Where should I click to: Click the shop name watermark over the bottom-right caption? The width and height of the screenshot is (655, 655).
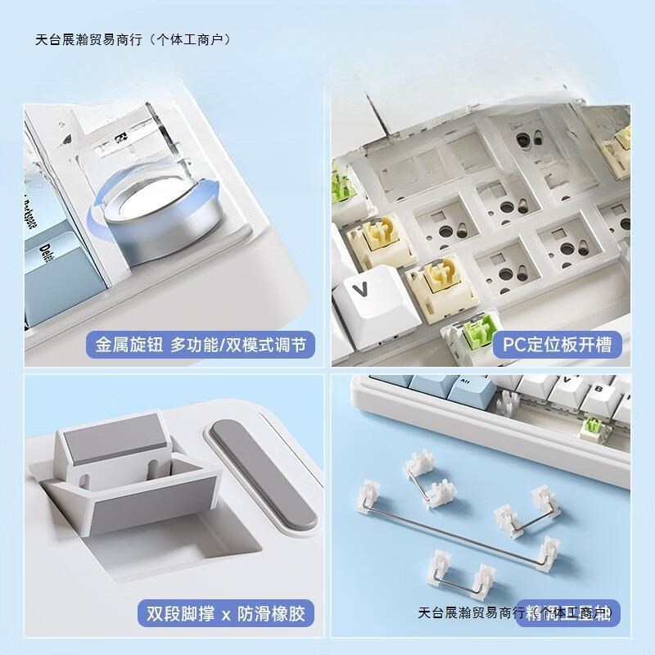point(516,612)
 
